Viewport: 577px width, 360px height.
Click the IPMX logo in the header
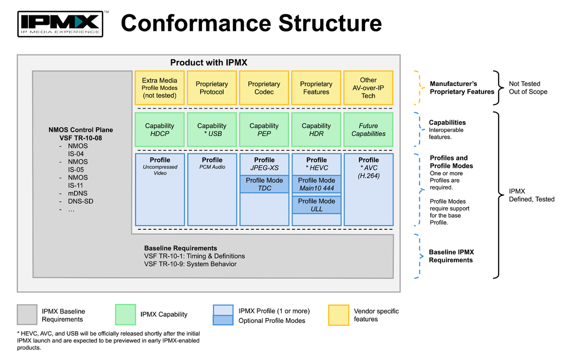[60, 24]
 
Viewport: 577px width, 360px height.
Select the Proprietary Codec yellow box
[264, 88]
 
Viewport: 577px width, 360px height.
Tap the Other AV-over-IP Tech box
[368, 88]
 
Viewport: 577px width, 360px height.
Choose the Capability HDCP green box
[160, 130]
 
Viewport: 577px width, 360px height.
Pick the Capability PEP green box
[264, 130]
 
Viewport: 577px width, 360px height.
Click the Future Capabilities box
[368, 130]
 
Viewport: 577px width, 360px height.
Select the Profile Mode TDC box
[264, 184]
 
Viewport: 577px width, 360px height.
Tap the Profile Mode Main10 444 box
[316, 184]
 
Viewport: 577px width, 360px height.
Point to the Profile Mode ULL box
[316, 205]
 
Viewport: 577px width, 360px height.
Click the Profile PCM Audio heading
[212, 160]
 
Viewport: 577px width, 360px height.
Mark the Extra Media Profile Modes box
[160, 88]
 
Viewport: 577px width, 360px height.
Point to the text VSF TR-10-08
[81, 138]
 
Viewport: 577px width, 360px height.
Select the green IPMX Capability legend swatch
[125, 314]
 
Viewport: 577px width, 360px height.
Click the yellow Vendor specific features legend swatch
[339, 315]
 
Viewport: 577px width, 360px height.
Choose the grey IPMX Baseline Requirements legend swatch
[27, 315]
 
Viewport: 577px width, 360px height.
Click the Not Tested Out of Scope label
[528, 87]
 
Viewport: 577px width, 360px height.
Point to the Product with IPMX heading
[209, 62]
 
